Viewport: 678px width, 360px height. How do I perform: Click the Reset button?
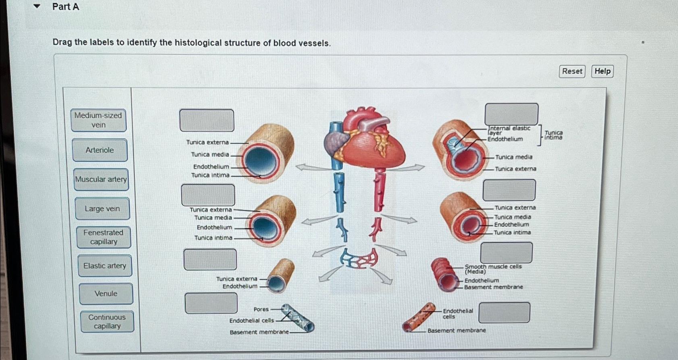[572, 71]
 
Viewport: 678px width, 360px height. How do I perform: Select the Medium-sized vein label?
[98, 120]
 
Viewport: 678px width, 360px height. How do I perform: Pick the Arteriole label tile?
[100, 150]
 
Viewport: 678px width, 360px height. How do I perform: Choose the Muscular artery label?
[101, 179]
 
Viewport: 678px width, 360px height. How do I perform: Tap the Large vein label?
[102, 209]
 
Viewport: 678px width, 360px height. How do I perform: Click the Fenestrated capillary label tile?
[104, 237]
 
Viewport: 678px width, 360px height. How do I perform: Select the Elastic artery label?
[105, 266]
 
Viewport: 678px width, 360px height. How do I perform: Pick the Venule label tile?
[106, 293]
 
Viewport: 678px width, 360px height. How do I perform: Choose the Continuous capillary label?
[107, 321]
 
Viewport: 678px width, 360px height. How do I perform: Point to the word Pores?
[261, 309]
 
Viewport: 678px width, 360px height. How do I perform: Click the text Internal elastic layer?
[509, 130]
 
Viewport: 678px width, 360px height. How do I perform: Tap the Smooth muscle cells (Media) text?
[493, 269]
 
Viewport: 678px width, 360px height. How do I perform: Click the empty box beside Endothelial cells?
[504, 312]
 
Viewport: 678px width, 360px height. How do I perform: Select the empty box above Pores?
[211, 303]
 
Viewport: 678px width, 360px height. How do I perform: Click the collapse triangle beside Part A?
[37, 6]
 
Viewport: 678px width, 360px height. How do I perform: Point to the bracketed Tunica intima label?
[554, 135]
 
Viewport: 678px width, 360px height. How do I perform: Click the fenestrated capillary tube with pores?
[297, 318]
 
